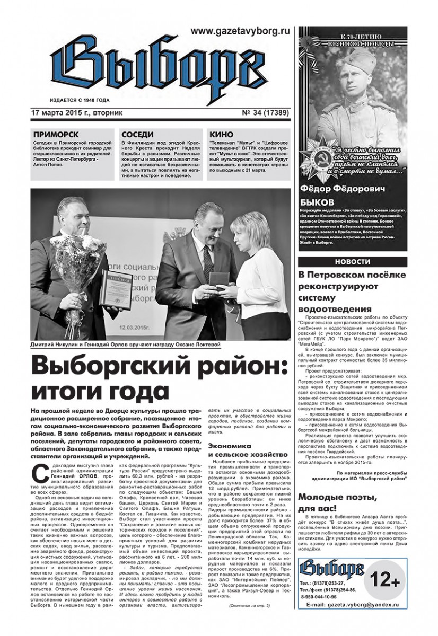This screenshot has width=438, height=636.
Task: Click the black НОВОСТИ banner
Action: point(353,262)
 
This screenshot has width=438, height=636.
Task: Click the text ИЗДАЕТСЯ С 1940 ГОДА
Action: point(72,100)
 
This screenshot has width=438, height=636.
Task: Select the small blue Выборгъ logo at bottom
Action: point(327,584)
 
